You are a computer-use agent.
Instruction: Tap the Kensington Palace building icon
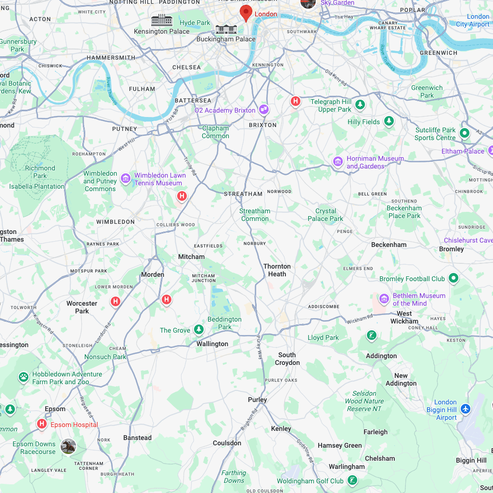point(162,20)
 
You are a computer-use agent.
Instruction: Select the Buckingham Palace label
point(226,39)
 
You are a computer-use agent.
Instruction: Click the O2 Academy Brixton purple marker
point(263,110)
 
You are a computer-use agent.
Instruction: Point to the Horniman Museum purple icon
point(338,161)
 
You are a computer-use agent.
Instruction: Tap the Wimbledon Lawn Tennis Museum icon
point(126,179)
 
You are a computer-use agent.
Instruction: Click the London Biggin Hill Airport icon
point(465,409)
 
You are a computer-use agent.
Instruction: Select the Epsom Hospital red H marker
point(42,424)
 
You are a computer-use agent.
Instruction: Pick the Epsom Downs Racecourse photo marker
point(68,446)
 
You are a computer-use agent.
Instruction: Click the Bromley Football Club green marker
point(453,278)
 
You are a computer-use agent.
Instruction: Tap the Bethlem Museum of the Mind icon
point(384,299)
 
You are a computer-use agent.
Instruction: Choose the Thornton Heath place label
point(277,270)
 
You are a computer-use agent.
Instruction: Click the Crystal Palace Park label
point(325,215)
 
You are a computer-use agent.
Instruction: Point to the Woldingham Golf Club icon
point(353,480)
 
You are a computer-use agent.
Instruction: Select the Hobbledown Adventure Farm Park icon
point(23,377)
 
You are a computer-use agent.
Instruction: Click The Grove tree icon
point(198,330)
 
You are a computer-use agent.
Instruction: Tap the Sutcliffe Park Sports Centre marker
point(464,133)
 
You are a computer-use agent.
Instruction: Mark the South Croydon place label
point(287,359)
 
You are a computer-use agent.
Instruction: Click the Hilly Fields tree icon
point(389,121)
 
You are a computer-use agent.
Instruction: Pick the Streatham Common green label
point(255,215)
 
